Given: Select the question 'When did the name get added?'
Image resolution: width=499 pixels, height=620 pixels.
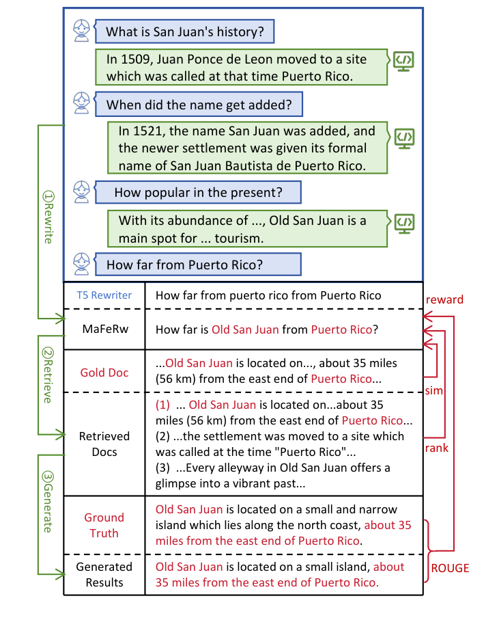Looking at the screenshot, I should [x=198, y=105].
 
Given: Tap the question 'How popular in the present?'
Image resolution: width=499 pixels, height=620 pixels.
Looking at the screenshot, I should [x=198, y=192].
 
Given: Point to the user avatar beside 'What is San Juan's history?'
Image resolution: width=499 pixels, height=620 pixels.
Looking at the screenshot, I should [x=82, y=30].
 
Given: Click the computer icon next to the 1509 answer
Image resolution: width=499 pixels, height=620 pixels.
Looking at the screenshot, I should [x=403, y=62].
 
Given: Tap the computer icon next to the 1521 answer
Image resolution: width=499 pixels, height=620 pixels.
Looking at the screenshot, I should [x=405, y=137].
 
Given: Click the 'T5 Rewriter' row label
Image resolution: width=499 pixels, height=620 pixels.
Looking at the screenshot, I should [x=104, y=296].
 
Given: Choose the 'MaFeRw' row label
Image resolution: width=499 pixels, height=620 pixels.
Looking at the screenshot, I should [x=104, y=329].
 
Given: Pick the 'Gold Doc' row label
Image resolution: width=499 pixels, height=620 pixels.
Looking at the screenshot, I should [x=104, y=373].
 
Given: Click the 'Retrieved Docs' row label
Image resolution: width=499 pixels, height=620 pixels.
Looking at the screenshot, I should [x=104, y=444].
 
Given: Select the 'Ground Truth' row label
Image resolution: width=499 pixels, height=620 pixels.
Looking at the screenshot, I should [x=104, y=525].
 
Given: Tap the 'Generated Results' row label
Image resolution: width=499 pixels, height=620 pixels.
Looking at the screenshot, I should [x=104, y=574].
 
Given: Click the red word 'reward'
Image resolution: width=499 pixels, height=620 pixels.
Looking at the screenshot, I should [x=444, y=299].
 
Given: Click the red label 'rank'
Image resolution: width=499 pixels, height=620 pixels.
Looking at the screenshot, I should [x=436, y=448].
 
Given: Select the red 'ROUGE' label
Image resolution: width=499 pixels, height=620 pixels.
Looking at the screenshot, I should [x=449, y=567].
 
